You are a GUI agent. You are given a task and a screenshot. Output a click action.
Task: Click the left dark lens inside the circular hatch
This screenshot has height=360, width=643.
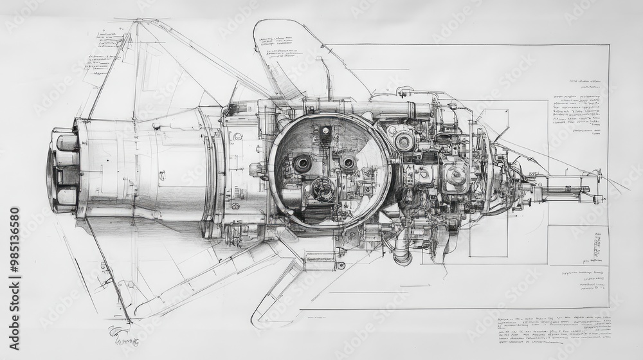pos(303,163)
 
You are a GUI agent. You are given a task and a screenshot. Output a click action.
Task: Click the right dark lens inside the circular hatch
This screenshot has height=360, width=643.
pos(347,163)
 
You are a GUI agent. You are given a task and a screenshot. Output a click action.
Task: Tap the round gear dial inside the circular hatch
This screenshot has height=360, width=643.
pos(323,188)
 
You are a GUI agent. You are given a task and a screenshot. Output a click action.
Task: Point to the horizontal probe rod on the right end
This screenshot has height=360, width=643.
pos(566,190)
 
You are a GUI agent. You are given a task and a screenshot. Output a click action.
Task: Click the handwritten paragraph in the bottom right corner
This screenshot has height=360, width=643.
pos(553,328)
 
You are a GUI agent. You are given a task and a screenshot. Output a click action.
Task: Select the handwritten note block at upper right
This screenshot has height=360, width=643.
pos(577,106)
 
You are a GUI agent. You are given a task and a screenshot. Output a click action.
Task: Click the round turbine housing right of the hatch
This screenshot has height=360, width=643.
pos(456,172)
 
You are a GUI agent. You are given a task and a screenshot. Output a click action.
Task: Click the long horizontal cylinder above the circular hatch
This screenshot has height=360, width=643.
pos(379,109)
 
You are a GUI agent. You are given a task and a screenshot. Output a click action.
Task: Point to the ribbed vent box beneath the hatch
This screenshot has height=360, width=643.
pos(320,258)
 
